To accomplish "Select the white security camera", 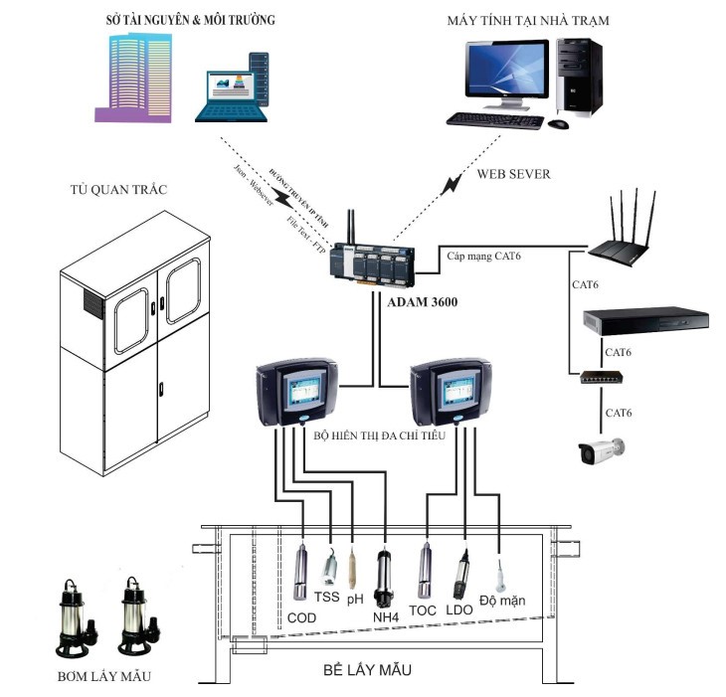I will pyautogui.click(x=603, y=451).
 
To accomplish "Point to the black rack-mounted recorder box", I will pyautogui.click(x=644, y=320).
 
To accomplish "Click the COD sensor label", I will pyautogui.click(x=301, y=616).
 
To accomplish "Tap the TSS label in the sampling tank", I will pyautogui.click(x=326, y=598).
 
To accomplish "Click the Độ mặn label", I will pyautogui.click(x=501, y=601).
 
